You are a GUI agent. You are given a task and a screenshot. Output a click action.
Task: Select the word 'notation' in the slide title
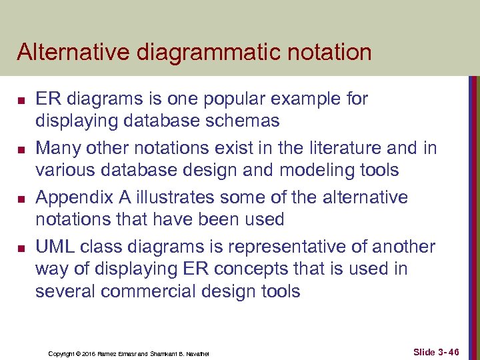point(327,52)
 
